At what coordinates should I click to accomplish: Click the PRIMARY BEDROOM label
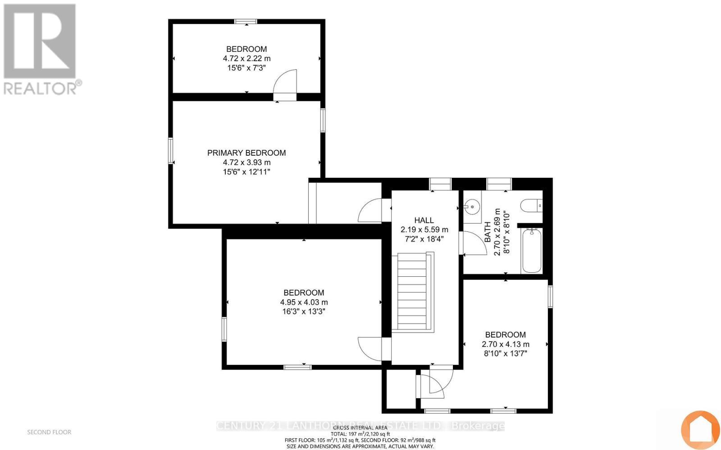tap(246, 153)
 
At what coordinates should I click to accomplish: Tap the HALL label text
tap(424, 220)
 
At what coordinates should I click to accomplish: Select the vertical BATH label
tap(488, 232)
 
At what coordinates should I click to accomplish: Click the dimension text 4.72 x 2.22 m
tap(246, 58)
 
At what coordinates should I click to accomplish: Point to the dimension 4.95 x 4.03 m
tap(304, 302)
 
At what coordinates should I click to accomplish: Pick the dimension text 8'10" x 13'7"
tap(505, 354)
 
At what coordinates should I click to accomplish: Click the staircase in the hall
tap(412, 292)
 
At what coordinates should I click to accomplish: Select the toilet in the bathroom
tap(531, 206)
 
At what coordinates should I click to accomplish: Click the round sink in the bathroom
tap(472, 207)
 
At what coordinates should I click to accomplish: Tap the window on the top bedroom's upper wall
tap(246, 21)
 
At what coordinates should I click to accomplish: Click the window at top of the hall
tap(440, 184)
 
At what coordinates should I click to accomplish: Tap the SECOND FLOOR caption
tap(49, 432)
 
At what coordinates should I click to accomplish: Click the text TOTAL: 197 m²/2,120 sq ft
tap(360, 434)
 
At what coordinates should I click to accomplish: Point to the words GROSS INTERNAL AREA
tap(360, 427)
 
